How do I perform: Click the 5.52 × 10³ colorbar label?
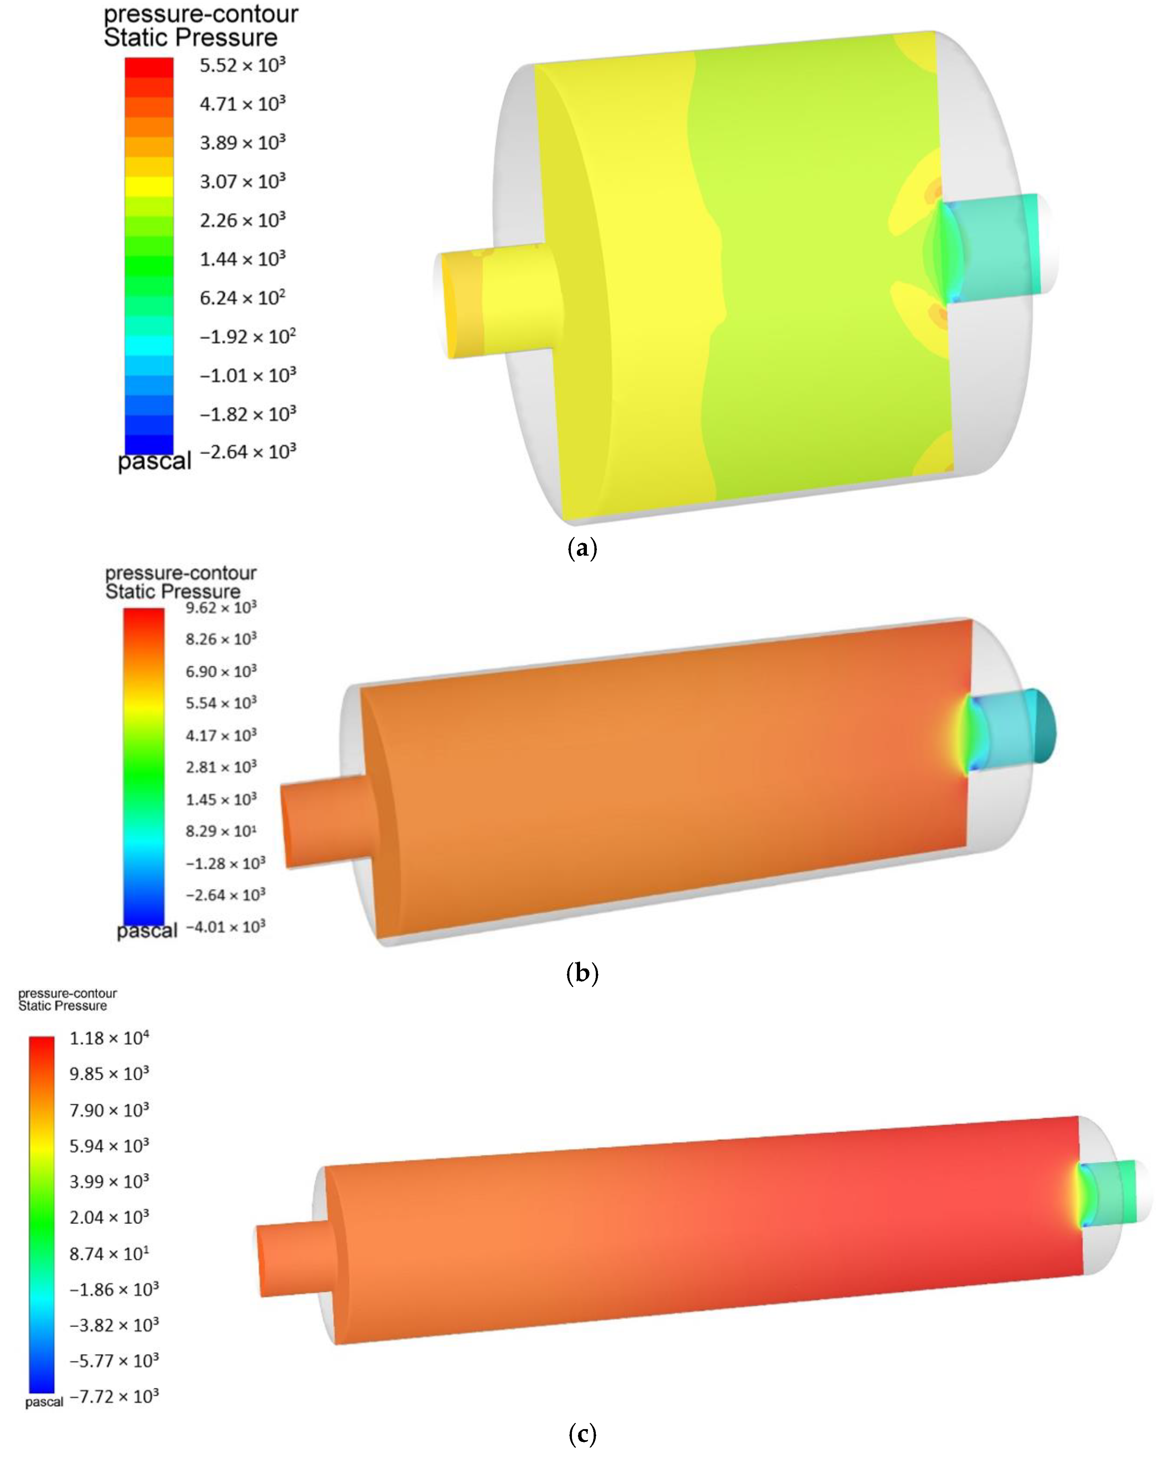pos(242,66)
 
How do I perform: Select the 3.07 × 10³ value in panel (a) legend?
pos(242,181)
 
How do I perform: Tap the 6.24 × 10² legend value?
pos(242,298)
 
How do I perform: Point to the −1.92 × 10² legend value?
pos(247,336)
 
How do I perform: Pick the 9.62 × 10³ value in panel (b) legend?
pos(221,607)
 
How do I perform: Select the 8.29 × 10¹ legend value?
pos(221,831)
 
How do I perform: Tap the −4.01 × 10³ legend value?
pos(225,926)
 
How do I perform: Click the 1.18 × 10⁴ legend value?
pos(109,1038)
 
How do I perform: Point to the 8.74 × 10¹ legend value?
pos(109,1254)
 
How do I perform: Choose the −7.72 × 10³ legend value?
pos(113,1397)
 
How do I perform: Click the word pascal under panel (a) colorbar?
pos(154,461)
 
